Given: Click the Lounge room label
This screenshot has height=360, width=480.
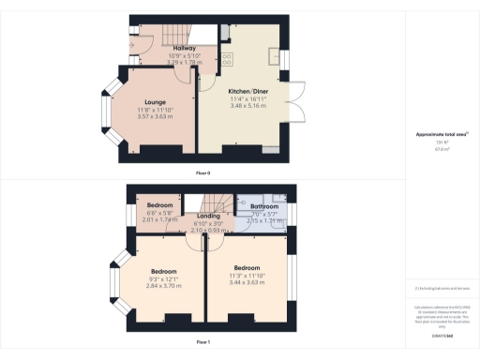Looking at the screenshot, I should (x=155, y=103).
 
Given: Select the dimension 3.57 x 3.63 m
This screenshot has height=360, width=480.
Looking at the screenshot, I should (x=155, y=116).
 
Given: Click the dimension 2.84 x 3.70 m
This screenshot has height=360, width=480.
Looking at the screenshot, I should (x=165, y=286).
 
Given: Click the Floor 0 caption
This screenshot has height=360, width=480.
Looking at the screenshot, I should (x=202, y=173).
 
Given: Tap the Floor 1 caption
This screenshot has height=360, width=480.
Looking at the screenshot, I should (x=202, y=343).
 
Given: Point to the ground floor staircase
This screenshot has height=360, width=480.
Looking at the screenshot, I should (x=173, y=37).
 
